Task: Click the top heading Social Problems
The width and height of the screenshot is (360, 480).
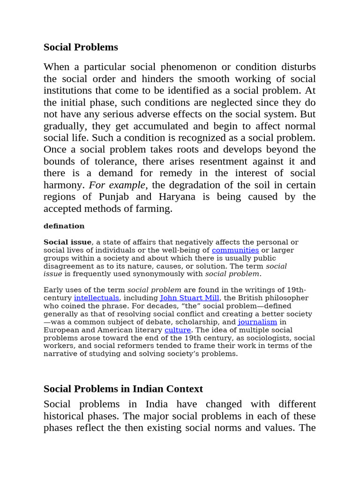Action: click(81, 47)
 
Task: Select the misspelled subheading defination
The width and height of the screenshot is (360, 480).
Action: click(64, 226)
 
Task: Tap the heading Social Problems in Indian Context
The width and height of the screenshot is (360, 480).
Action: click(123, 389)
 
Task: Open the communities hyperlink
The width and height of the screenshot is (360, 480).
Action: click(235, 250)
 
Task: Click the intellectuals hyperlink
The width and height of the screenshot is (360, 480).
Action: click(97, 298)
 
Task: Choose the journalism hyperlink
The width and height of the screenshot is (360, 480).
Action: click(257, 322)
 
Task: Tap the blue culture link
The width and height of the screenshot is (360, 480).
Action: click(177, 330)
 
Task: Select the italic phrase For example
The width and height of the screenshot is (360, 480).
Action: click(117, 185)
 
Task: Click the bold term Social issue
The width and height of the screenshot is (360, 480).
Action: click(67, 242)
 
